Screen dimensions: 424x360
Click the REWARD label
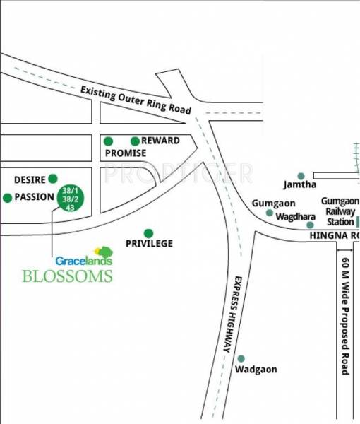click(x=160, y=141)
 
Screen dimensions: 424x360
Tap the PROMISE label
click(x=125, y=153)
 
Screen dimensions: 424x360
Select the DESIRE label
click(x=29, y=179)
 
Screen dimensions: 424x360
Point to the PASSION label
click(x=35, y=197)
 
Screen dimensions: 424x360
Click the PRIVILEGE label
click(x=149, y=244)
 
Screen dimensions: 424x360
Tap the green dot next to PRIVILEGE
click(x=148, y=232)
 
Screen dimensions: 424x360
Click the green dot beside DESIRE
click(x=53, y=179)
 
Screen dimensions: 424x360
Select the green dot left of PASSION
click(x=8, y=198)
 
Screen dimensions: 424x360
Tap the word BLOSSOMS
click(x=67, y=276)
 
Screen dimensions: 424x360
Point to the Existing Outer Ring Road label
click(x=136, y=100)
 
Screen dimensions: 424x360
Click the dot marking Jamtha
click(x=301, y=175)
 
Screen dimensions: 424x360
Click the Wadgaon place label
click(x=256, y=370)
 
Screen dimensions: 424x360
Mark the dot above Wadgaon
click(x=241, y=359)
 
